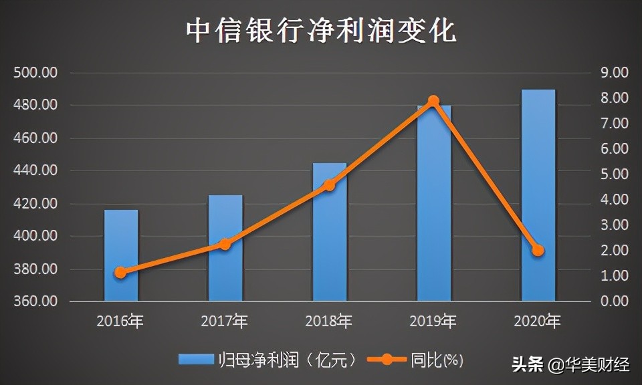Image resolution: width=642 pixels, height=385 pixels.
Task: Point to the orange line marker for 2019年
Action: [433, 101]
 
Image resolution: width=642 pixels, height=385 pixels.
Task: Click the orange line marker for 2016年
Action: [120, 272]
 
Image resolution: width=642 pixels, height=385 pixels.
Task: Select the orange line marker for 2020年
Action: [538, 250]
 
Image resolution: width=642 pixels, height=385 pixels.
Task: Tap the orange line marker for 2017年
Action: [225, 244]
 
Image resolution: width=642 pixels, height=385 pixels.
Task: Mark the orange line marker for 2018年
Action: [329, 185]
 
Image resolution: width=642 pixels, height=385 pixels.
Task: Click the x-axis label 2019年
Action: [433, 322]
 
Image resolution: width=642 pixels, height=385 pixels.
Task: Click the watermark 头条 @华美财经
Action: [570, 365]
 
